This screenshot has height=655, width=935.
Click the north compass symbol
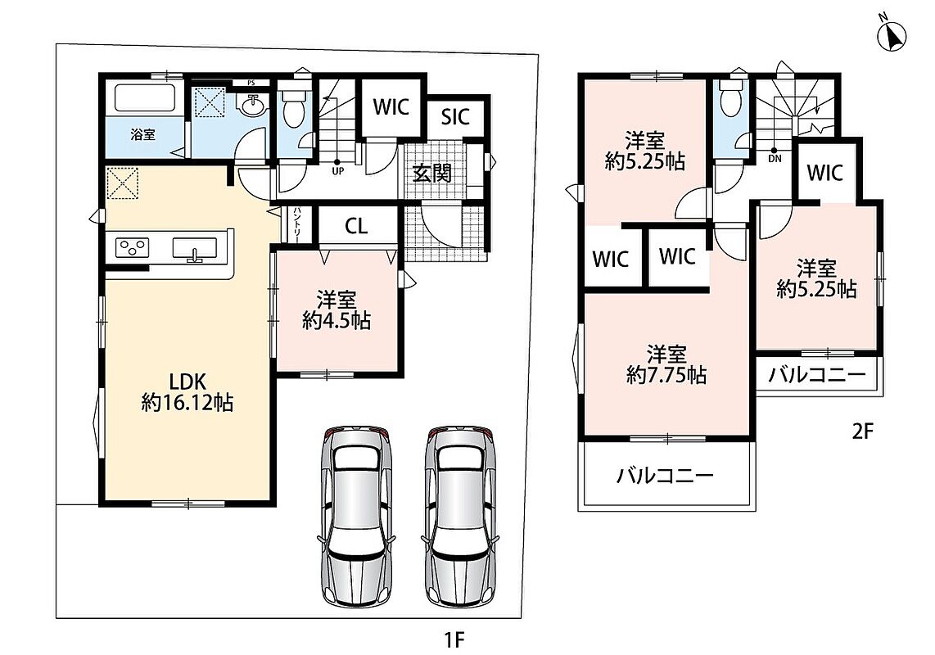click(x=892, y=35)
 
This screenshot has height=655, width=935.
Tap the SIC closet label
click(x=455, y=117)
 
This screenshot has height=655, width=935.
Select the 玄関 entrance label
click(x=432, y=173)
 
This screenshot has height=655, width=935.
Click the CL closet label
click(x=356, y=226)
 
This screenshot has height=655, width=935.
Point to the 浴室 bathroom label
click(x=143, y=135)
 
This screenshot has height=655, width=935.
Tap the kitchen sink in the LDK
click(x=195, y=248)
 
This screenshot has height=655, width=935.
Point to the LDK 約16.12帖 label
click(x=187, y=392)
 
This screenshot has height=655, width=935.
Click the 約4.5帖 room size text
click(x=337, y=321)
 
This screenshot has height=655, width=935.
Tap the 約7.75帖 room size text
click(x=666, y=375)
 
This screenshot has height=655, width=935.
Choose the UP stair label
click(x=337, y=170)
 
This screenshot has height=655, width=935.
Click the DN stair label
click(x=775, y=159)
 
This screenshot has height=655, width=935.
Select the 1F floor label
click(x=454, y=640)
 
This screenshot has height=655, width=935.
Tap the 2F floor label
click(x=862, y=431)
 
